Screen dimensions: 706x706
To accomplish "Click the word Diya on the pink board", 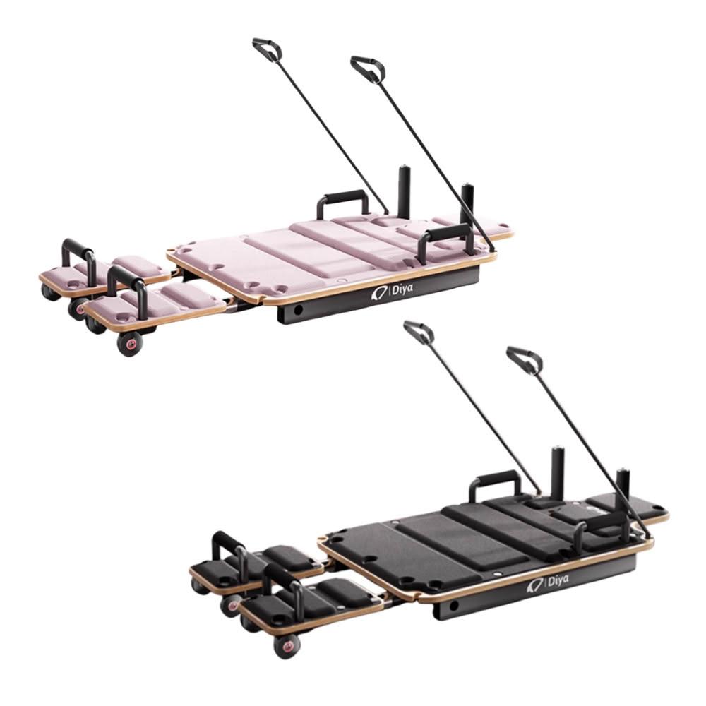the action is (402, 289).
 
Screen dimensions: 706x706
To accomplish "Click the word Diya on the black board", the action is (558, 581).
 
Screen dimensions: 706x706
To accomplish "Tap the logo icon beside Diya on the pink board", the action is (378, 294).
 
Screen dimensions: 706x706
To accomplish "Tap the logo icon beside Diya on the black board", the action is (535, 585).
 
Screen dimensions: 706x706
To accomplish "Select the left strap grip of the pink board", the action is (267, 48).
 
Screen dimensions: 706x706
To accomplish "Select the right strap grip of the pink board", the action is (368, 69).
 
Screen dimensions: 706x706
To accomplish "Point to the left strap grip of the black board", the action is (418, 331).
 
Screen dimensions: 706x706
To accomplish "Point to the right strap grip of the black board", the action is (524, 360).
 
